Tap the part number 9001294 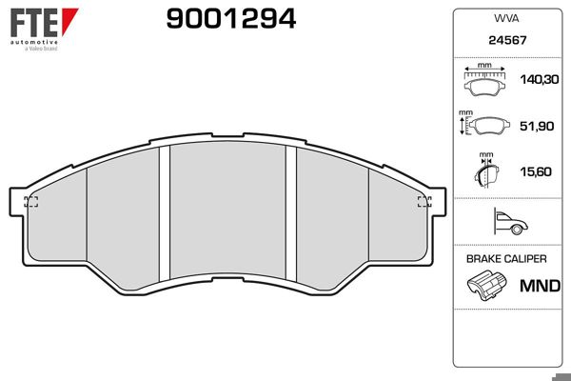218,17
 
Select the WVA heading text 505,17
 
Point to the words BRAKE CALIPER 506,259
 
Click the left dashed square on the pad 31,201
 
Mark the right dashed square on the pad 424,201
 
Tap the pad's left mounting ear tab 16,200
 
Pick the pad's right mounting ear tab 439,200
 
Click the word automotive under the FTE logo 32,43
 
